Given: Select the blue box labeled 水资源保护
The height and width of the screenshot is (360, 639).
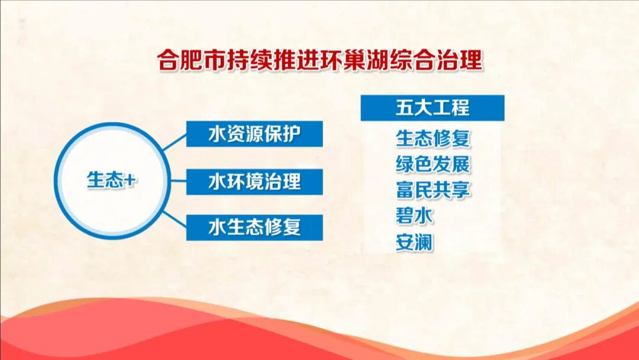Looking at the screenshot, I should [x=254, y=134].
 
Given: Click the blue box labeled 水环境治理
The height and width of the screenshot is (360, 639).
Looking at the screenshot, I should [x=254, y=181].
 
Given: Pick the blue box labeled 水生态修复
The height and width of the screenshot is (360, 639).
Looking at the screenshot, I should [x=254, y=227].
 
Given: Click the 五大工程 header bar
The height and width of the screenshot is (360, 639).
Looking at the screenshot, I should [x=433, y=108].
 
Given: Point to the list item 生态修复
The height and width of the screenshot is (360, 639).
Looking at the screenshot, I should [x=433, y=139].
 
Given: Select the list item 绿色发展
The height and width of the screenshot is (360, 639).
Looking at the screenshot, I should [x=433, y=164].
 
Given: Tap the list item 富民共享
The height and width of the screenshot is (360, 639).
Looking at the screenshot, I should [x=433, y=190].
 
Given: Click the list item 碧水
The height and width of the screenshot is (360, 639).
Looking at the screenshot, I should [x=415, y=216].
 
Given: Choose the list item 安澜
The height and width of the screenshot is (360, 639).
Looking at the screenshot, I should [x=415, y=242].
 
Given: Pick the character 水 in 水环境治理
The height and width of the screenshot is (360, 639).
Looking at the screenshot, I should [x=218, y=181].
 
